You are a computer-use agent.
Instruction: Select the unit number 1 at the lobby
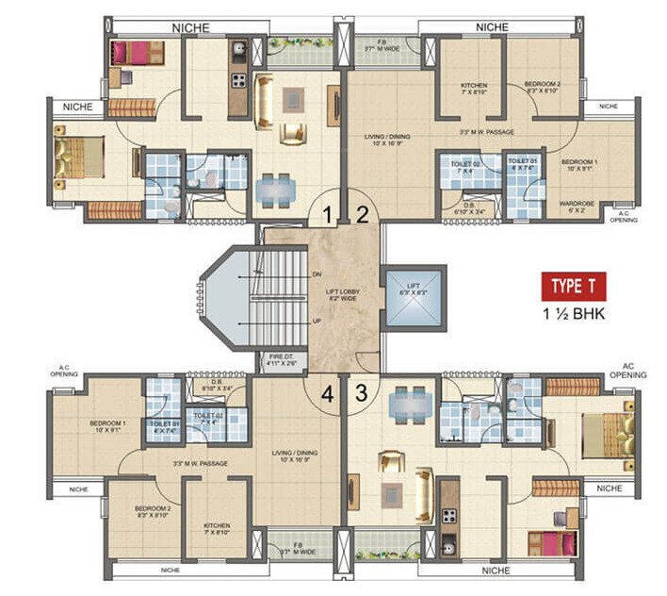click(327, 215)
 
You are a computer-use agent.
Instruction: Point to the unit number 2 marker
click(363, 215)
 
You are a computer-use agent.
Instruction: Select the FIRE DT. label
click(282, 358)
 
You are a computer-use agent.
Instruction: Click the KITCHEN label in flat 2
click(472, 88)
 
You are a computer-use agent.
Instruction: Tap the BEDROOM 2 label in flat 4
click(151, 511)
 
